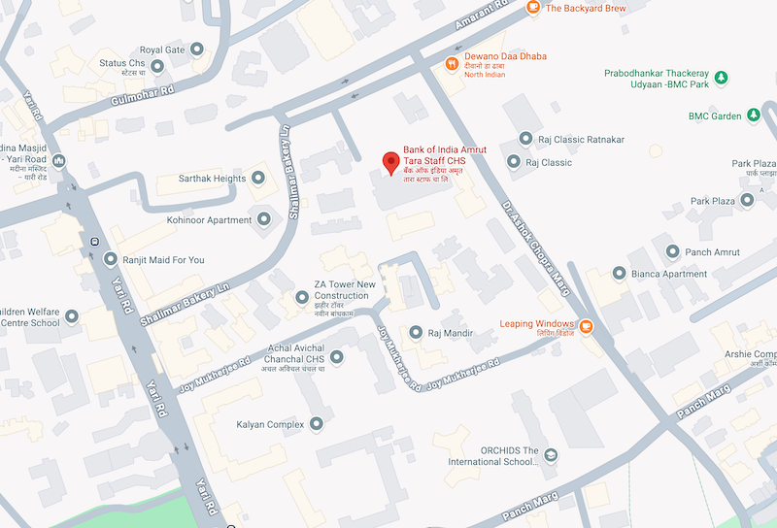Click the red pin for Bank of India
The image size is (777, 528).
point(391,163)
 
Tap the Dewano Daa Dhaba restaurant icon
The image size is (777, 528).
point(452,64)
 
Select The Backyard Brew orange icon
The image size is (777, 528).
point(533,8)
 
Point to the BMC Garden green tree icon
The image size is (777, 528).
point(753,116)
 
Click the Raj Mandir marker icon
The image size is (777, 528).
point(415,333)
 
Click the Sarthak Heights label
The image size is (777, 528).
point(213,179)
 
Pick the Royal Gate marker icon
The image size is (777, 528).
point(197,49)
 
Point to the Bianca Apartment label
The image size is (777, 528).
point(669,274)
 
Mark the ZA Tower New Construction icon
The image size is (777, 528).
point(301,296)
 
